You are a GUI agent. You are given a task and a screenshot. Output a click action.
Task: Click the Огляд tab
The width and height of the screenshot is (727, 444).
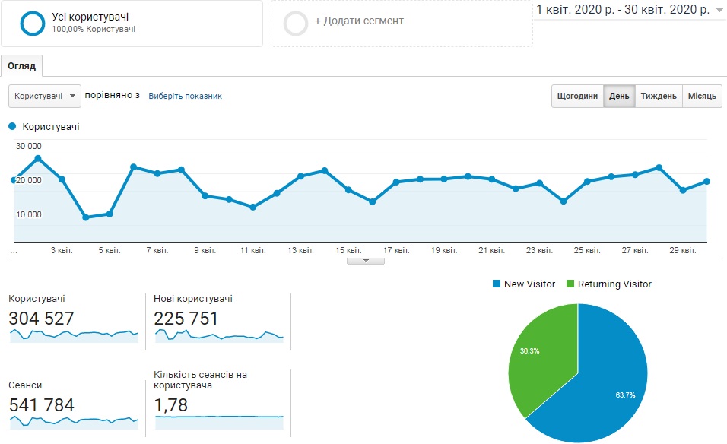coord(22,66)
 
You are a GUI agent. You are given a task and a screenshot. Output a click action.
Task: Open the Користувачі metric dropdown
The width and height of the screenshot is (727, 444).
coord(45,96)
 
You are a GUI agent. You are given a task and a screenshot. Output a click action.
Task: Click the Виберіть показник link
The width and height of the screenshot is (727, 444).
coord(185,96)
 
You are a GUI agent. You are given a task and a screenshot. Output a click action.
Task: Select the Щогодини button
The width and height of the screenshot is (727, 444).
coord(577,96)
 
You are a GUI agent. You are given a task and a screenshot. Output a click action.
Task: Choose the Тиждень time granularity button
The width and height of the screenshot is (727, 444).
coord(659,96)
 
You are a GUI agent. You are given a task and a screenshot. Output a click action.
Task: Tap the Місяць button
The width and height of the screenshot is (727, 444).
coord(702,96)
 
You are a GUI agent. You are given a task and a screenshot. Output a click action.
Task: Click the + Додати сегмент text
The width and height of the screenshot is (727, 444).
coord(359,21)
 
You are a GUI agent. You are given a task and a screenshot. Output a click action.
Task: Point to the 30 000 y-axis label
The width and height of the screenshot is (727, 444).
coord(29,146)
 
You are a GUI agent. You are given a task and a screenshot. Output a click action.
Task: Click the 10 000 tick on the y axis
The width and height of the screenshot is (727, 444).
coord(29,214)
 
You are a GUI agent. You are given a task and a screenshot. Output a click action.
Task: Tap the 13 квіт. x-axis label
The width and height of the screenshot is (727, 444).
coord(300,250)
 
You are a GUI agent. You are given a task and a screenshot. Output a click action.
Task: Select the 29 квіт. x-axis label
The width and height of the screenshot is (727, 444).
coord(682,250)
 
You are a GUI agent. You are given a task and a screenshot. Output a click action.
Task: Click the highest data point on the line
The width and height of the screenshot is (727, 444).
coord(38,158)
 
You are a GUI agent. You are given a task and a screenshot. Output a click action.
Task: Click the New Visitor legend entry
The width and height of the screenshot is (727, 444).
coord(524,284)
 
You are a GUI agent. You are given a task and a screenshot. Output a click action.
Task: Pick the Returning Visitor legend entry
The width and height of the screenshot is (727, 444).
coord(609,284)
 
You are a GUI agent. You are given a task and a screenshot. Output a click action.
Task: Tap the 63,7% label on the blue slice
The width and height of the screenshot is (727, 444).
coord(625,395)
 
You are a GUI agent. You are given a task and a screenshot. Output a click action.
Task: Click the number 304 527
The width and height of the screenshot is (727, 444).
coord(41,319)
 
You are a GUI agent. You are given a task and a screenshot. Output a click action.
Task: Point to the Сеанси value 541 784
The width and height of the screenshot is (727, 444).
coord(41,405)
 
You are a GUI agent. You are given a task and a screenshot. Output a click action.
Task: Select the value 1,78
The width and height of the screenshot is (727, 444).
coord(170,405)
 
